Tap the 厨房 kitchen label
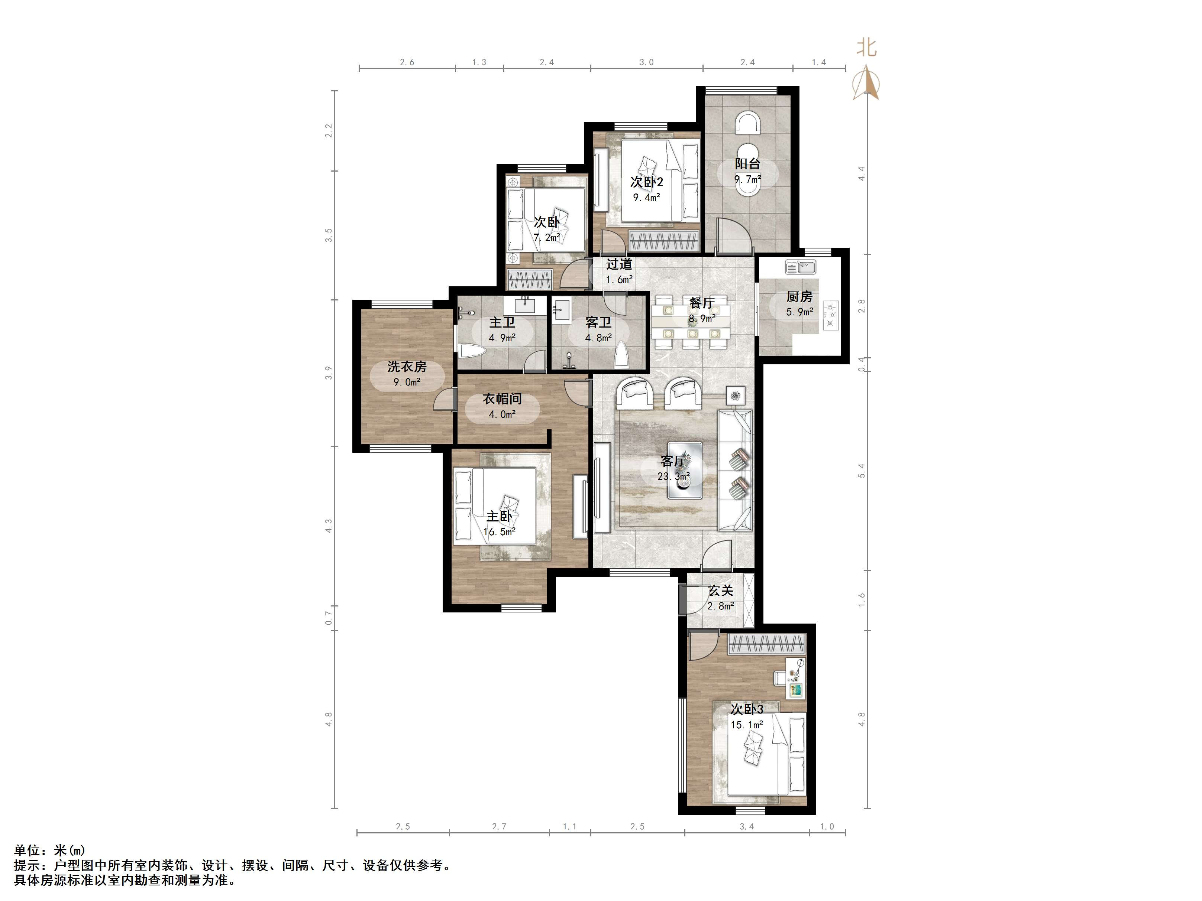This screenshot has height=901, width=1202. point(799,296)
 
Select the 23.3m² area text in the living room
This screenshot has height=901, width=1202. point(674,476)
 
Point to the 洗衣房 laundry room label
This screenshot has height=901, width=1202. point(407,367)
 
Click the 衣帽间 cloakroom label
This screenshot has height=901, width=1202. point(502,399)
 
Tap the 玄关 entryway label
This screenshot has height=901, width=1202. point(721,591)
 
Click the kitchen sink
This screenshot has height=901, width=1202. point(801,267)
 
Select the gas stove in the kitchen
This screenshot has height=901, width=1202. point(831,315)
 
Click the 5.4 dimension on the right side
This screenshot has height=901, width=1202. point(861,470)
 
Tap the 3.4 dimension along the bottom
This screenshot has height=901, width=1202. point(747,827)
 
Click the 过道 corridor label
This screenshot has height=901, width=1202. point(620,264)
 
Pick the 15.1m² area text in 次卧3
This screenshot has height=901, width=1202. point(747,725)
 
